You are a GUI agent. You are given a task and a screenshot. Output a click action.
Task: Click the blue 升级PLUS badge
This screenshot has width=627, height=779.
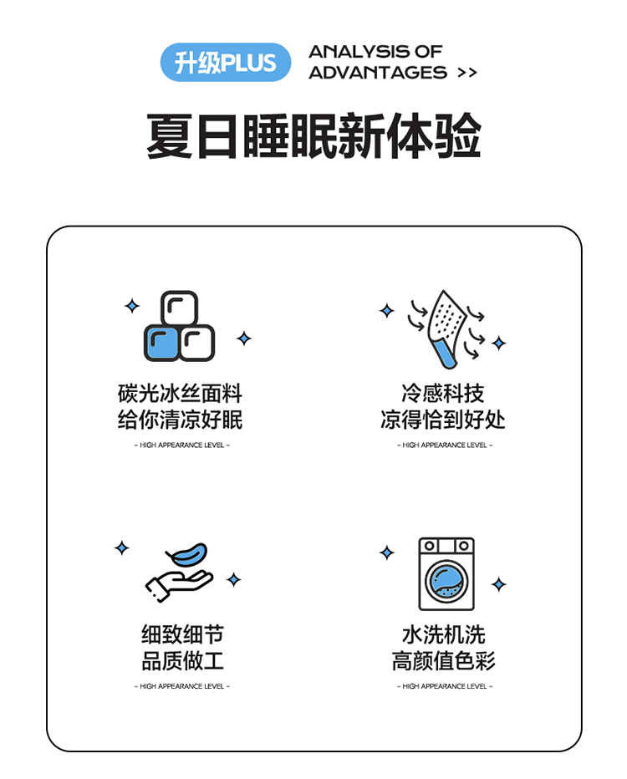(x=225, y=62)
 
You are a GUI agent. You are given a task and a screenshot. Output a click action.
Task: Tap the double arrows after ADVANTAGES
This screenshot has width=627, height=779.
(x=467, y=73)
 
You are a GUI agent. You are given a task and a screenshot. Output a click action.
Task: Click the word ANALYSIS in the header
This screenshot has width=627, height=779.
(x=358, y=51)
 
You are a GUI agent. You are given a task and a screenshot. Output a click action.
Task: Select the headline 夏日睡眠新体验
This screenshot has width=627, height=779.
(x=313, y=135)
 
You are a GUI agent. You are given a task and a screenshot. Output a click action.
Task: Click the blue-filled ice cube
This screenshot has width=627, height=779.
(x=161, y=343)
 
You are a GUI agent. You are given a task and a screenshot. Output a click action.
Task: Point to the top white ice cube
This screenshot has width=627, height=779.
(x=180, y=308)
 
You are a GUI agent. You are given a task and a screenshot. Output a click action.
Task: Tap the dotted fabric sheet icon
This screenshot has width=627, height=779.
(x=446, y=328)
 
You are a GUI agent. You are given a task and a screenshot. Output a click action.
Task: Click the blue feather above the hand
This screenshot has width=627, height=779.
(x=187, y=554)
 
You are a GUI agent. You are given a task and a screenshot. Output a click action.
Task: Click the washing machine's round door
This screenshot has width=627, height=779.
(x=446, y=581)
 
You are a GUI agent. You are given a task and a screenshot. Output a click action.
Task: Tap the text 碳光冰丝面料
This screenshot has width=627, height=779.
(x=180, y=394)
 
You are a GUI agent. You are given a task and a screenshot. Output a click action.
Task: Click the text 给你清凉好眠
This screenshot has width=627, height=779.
(x=180, y=420)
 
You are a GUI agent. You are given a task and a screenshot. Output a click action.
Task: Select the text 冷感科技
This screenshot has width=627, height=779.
(x=443, y=394)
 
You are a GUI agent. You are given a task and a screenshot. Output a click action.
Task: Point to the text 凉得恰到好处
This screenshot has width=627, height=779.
(x=443, y=420)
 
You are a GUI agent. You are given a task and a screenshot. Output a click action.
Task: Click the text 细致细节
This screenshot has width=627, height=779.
(x=182, y=634)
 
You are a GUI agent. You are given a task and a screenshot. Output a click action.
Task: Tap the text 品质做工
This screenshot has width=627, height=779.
(x=182, y=661)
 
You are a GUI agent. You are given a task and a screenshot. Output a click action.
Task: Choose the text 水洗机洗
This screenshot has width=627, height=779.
(x=444, y=634)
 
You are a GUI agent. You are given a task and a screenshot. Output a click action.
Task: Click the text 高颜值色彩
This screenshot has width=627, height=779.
(x=444, y=661)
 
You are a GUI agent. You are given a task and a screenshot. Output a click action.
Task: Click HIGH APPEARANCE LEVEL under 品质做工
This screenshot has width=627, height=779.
(x=182, y=686)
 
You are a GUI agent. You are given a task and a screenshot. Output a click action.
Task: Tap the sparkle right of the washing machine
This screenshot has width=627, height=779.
(x=499, y=584)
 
